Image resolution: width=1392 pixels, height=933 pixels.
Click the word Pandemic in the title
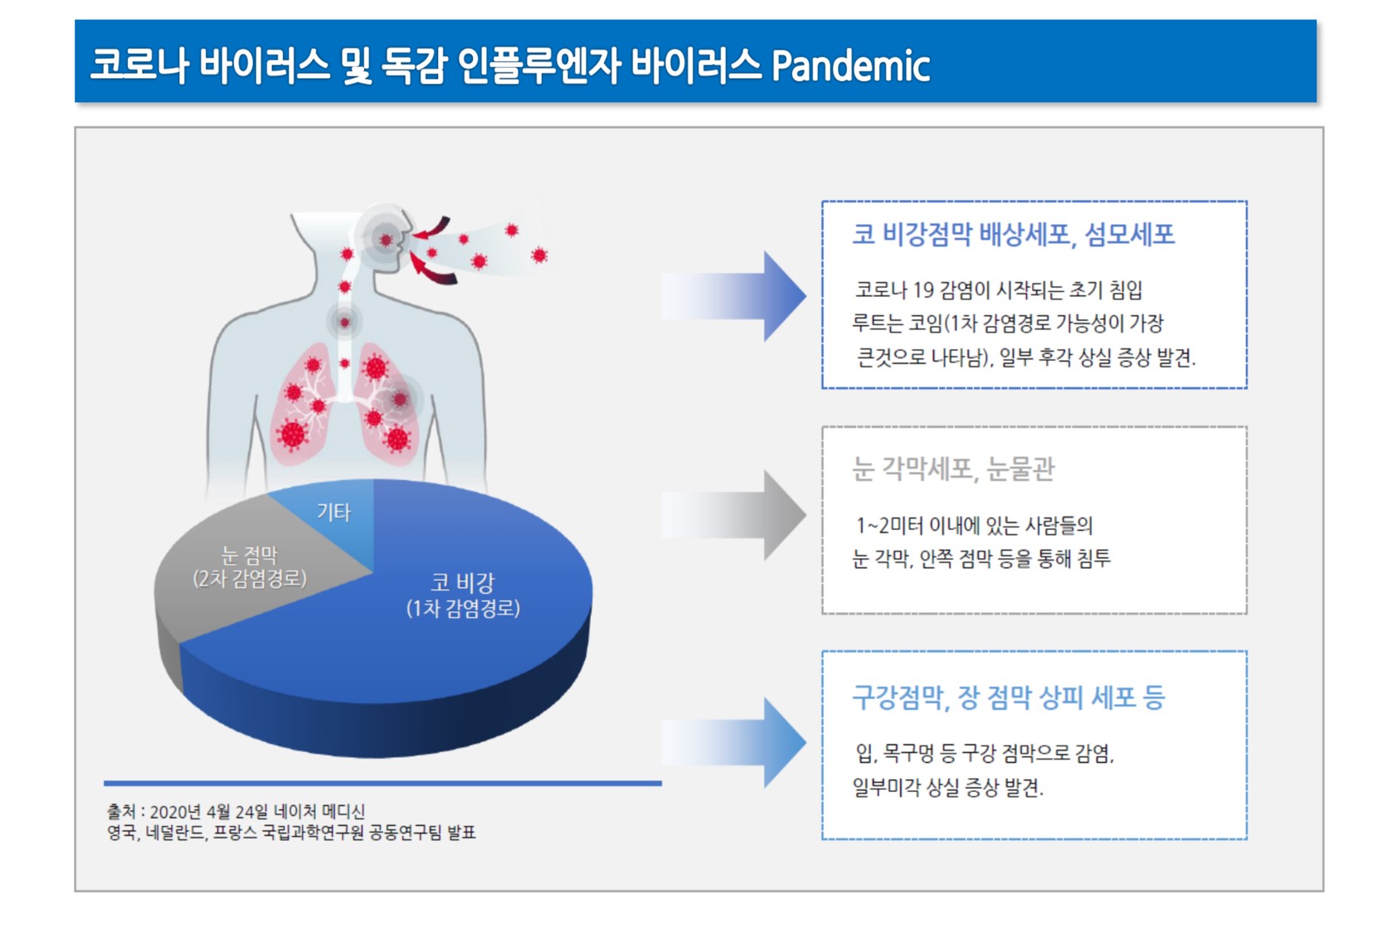(x=851, y=65)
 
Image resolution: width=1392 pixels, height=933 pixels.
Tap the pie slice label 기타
(x=333, y=512)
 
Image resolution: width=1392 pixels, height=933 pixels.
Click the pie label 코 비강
(x=463, y=583)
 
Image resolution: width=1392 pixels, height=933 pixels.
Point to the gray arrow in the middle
(x=733, y=515)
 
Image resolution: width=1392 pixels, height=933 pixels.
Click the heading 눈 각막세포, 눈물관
(x=952, y=469)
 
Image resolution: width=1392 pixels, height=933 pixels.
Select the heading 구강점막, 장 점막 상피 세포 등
(x=1008, y=697)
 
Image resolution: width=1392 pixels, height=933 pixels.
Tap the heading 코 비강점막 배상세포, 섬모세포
(x=1013, y=235)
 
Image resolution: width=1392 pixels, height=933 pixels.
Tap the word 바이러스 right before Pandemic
(x=696, y=65)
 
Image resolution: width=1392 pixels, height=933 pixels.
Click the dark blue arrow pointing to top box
(x=733, y=296)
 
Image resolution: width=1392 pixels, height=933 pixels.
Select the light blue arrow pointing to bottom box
(x=733, y=742)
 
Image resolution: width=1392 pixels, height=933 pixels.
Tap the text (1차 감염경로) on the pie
(x=463, y=608)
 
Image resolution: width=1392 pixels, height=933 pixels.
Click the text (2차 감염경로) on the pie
(x=249, y=579)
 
